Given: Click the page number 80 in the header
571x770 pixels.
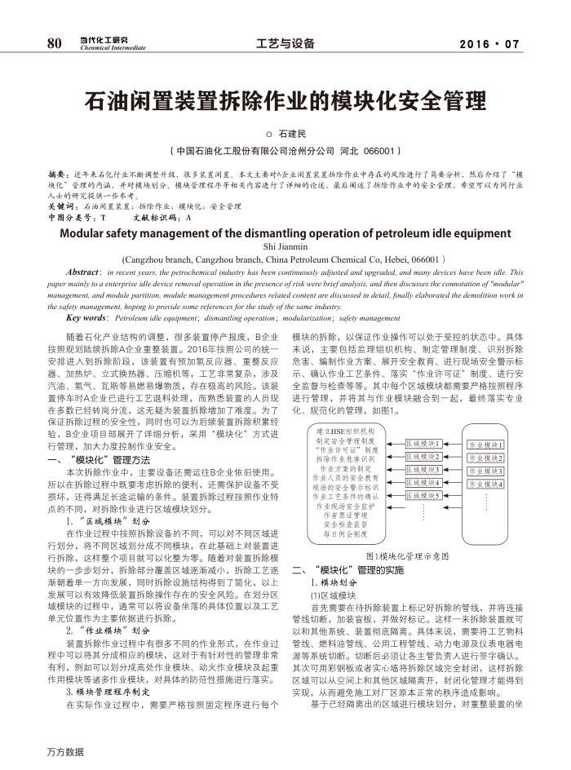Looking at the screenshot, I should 55,43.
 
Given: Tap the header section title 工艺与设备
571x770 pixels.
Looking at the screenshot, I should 285,44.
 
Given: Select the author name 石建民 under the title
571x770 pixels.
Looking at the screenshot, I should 290,133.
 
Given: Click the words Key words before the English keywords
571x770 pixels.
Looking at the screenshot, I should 86,317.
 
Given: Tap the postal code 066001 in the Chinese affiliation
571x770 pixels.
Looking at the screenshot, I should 379,152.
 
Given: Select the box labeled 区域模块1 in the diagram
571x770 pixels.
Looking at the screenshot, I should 423,444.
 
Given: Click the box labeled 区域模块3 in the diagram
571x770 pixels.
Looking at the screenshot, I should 423,470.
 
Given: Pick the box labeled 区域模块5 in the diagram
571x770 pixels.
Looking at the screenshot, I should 423,495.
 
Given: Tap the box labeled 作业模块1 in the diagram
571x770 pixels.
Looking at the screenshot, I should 485,445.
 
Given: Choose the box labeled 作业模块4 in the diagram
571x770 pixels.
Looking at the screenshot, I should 485,485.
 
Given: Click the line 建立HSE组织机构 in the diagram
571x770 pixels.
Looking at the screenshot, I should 346,431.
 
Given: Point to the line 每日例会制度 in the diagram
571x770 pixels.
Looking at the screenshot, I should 346,534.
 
